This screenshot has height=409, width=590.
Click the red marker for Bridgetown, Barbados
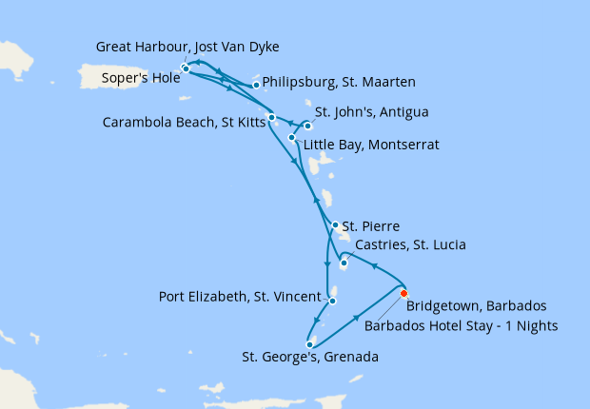404,293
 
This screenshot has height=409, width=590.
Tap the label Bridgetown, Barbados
476,306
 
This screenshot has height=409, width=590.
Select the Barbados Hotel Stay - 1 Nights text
461,325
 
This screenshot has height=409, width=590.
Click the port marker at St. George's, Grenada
309,344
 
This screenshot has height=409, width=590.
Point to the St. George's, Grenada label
310,359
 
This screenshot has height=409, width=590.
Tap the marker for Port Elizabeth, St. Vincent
332,301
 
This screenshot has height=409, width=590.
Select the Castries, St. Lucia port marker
344,263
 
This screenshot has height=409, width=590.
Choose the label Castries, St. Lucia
409,245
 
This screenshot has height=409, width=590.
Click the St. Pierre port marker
335,225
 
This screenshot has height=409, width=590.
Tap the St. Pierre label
379,226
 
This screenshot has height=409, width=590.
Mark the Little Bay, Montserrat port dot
291,137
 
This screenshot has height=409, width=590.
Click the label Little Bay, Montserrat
370,146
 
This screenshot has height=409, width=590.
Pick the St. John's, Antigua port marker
307,126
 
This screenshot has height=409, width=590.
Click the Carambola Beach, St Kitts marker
272,117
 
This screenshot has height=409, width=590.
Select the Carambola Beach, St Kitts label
184,122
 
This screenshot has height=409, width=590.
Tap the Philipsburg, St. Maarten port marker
256,85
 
